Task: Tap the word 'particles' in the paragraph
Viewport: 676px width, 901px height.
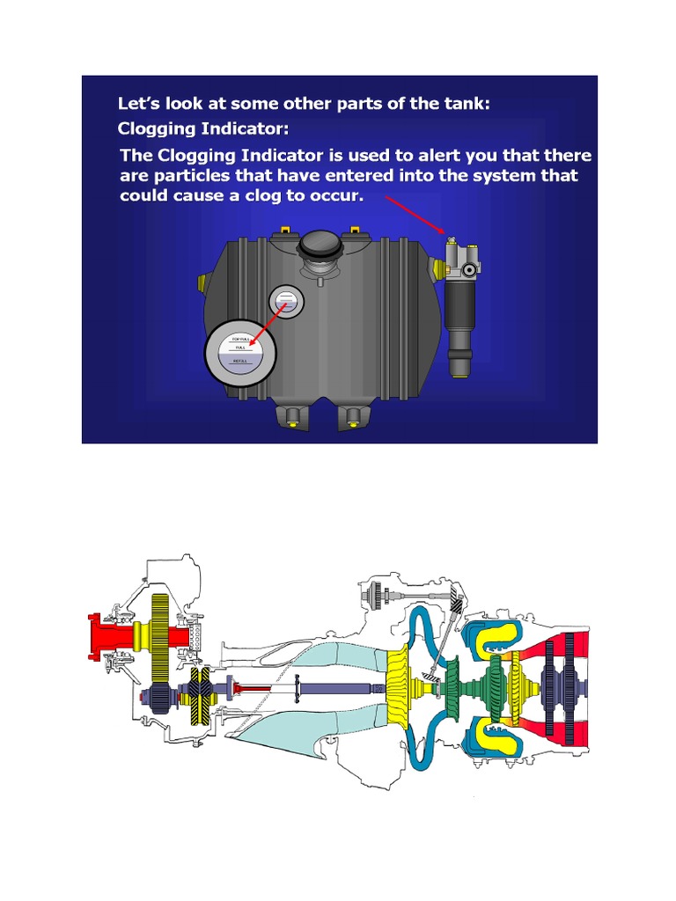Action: pos(195,175)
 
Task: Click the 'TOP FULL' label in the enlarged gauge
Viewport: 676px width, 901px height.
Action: pos(241,339)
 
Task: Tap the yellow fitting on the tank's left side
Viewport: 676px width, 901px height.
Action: pos(204,282)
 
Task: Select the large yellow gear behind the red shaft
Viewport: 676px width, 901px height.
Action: pos(160,634)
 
